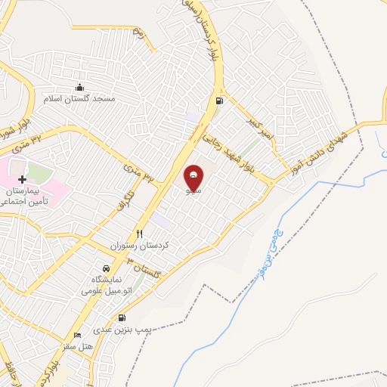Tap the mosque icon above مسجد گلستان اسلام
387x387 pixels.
tap(80, 86)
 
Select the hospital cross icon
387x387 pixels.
tap(22, 180)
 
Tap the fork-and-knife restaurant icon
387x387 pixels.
tap(139, 234)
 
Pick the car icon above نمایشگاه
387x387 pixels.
tap(106, 268)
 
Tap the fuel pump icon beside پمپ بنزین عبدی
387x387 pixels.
tap(122, 318)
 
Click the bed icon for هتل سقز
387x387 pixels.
tap(76, 335)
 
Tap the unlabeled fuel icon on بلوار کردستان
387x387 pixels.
tap(219, 101)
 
